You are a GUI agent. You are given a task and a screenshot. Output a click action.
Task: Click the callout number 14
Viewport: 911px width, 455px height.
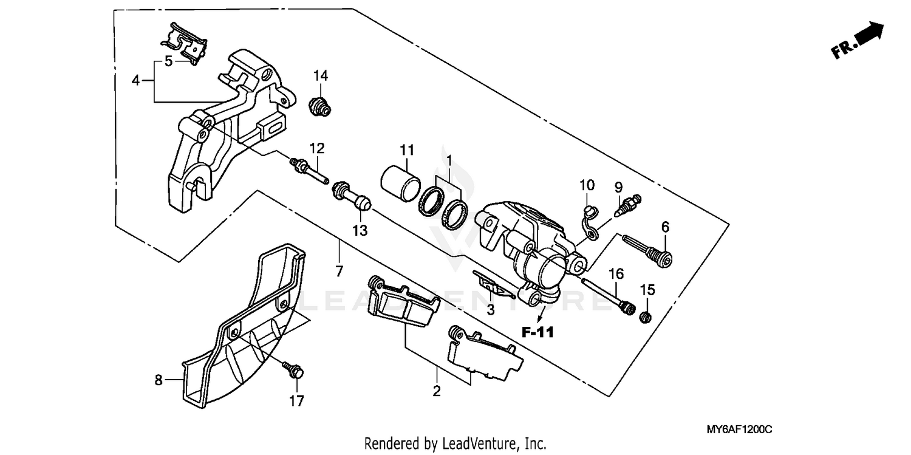pyautogui.click(x=321, y=75)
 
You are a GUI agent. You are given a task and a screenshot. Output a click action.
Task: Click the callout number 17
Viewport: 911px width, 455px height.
pyautogui.click(x=297, y=400)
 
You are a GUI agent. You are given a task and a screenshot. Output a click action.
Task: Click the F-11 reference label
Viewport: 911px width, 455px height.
pyautogui.click(x=537, y=332)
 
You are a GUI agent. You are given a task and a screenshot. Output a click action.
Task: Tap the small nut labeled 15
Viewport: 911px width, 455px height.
pyautogui.click(x=646, y=316)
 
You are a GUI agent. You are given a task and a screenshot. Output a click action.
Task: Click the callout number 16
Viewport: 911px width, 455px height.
pyautogui.click(x=616, y=274)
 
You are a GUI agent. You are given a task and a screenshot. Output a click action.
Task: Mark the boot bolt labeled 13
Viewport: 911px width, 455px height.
pyautogui.click(x=350, y=197)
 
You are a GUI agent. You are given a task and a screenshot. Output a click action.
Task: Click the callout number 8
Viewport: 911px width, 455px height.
pyautogui.click(x=159, y=380)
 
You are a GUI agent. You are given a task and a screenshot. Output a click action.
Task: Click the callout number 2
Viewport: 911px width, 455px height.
pyautogui.click(x=436, y=392)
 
